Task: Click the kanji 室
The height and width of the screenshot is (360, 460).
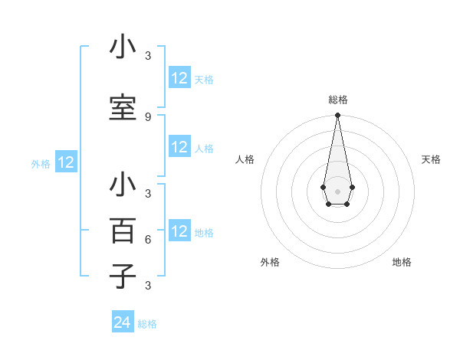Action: pyautogui.click(x=123, y=107)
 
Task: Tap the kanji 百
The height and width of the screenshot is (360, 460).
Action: pyautogui.click(x=123, y=231)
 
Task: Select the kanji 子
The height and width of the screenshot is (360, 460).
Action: pyautogui.click(x=123, y=276)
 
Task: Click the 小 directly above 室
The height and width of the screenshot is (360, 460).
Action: pyautogui.click(x=123, y=47)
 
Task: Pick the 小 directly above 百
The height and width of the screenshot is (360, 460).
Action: pyautogui.click(x=123, y=185)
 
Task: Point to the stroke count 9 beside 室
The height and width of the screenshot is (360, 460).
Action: pyautogui.click(x=148, y=116)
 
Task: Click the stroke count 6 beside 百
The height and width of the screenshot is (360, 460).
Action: pyautogui.click(x=148, y=239)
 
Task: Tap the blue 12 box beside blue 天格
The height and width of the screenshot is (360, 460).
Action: pyautogui.click(x=179, y=78)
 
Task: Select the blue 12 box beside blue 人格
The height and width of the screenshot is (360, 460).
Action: pyautogui.click(x=179, y=147)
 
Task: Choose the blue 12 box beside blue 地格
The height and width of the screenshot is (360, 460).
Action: pyautogui.click(x=179, y=231)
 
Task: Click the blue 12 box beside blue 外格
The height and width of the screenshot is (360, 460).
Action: pyautogui.click(x=65, y=162)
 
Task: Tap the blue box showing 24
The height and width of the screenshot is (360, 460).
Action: pyautogui.click(x=123, y=323)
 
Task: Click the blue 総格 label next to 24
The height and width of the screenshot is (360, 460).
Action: pyautogui.click(x=147, y=324)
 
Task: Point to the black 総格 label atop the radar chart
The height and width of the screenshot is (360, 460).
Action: pyautogui.click(x=337, y=100)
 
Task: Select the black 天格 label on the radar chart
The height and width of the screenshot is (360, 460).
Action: pyautogui.click(x=431, y=159)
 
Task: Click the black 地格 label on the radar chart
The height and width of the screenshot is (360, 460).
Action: pyautogui.click(x=402, y=262)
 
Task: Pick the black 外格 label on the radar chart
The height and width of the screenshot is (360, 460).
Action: pyautogui.click(x=270, y=262)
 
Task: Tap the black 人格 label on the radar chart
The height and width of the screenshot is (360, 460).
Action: pyautogui.click(x=245, y=159)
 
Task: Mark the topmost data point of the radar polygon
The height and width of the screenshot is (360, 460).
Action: pyautogui.click(x=337, y=116)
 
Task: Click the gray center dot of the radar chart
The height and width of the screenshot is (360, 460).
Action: pyautogui.click(x=337, y=191)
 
